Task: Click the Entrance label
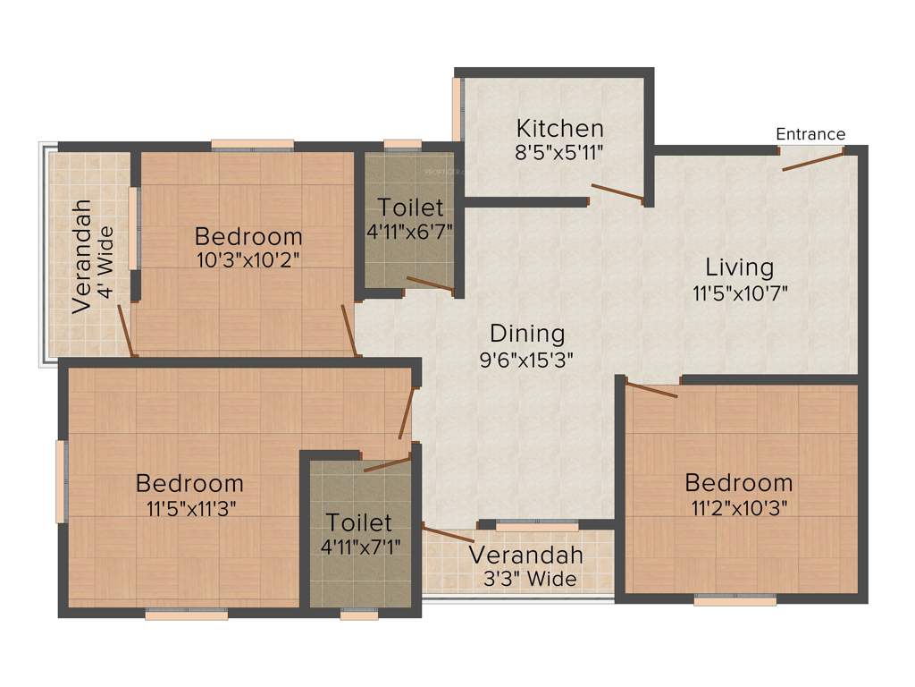pos(810,134)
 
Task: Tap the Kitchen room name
pos(560,128)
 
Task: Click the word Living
pos(739,267)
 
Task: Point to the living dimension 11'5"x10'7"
pos(739,292)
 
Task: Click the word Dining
pos(527,334)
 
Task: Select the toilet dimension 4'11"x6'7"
pos(410,231)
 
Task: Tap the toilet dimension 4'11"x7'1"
pos(358,545)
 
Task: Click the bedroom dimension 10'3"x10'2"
pos(248,260)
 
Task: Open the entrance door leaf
pos(811,162)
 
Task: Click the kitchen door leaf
pos(617,192)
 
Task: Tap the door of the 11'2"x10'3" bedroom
pos(651,389)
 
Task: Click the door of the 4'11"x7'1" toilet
pos(388,463)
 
